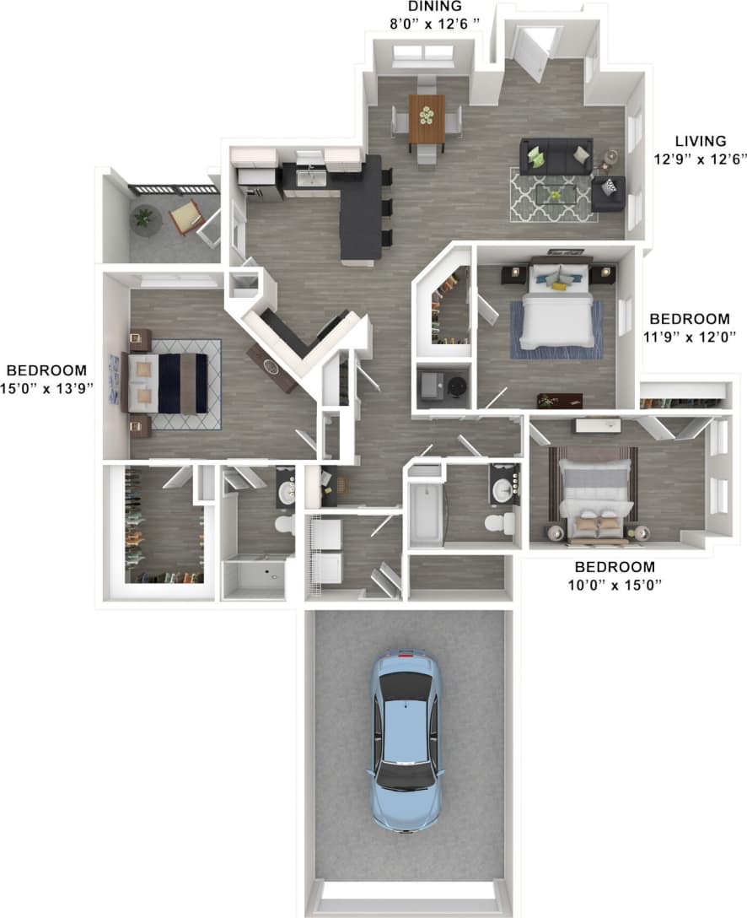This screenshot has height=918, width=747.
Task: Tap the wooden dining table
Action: [x=427, y=119]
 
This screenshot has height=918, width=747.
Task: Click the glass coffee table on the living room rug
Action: [x=555, y=194]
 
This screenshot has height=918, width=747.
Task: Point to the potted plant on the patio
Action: [x=146, y=219]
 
